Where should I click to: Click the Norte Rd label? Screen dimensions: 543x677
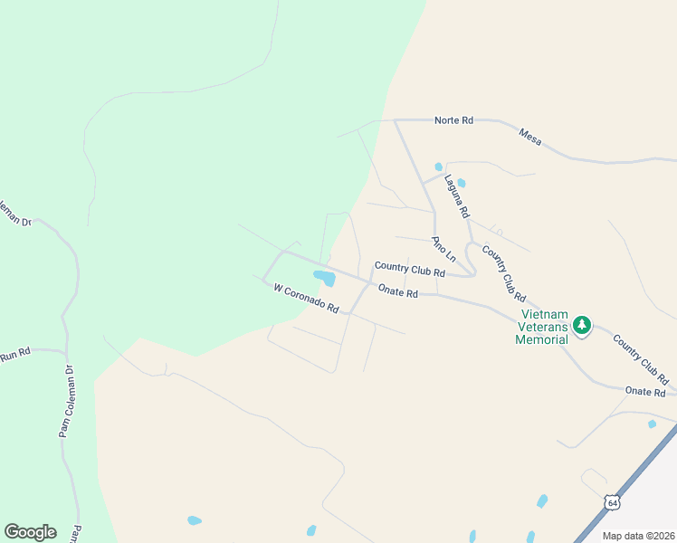[x=453, y=120]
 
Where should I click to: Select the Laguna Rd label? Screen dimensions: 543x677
[x=456, y=195]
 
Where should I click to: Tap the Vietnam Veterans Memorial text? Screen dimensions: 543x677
[x=541, y=328]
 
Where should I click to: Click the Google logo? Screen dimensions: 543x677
[x=30, y=532]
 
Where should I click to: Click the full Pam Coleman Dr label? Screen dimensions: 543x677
[x=65, y=402]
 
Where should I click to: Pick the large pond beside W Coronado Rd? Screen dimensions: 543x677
[x=324, y=278]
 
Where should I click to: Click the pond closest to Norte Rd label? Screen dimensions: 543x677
[x=439, y=167]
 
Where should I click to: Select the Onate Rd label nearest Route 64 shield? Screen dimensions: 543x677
[x=645, y=392]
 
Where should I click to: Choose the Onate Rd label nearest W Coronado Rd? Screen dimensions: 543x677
[x=397, y=292]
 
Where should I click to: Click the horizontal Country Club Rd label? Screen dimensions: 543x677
[x=409, y=269]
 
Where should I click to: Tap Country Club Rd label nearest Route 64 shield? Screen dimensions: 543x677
[x=640, y=359]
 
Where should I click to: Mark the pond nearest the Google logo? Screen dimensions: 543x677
[x=194, y=520]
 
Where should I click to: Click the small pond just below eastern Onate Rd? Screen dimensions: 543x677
[x=652, y=424]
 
